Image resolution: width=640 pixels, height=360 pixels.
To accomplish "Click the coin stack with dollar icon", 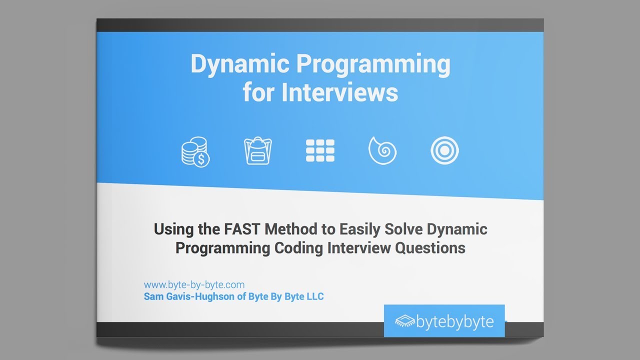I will [x=195, y=151].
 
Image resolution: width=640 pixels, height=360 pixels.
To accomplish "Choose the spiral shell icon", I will [x=382, y=151].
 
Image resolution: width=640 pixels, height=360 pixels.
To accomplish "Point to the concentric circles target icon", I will [x=444, y=151].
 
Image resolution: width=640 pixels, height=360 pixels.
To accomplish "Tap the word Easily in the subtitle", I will [x=360, y=230].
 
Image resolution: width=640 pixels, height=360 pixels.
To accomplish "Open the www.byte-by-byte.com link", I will [x=194, y=285].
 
